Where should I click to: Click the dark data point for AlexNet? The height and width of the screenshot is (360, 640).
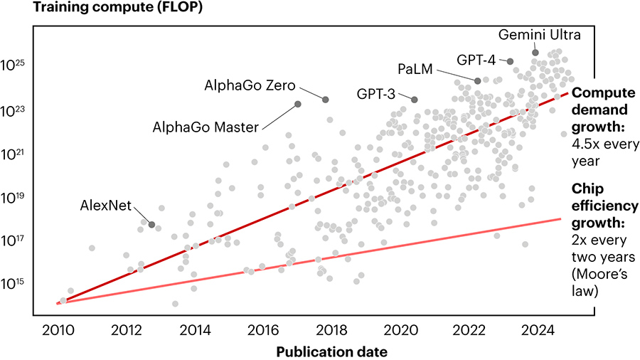pyautogui.click(x=151, y=225)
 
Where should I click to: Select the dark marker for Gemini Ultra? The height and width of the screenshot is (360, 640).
pyautogui.click(x=535, y=53)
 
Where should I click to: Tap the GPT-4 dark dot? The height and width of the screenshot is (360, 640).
pyautogui.click(x=510, y=61)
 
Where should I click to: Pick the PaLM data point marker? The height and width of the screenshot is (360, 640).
pyautogui.click(x=478, y=81)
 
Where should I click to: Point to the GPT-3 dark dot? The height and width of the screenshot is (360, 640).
pyautogui.click(x=415, y=100)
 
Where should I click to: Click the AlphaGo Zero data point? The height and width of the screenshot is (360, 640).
pyautogui.click(x=326, y=100)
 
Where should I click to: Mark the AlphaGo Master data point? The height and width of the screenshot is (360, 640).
pyautogui.click(x=298, y=105)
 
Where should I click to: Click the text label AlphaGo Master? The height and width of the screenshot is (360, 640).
pyautogui.click(x=205, y=128)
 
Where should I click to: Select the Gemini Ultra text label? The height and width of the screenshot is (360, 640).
pyautogui.click(x=530, y=34)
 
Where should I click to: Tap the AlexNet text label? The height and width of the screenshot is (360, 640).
pyautogui.click(x=105, y=206)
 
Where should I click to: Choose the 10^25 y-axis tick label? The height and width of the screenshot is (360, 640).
pyautogui.click(x=16, y=66)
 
